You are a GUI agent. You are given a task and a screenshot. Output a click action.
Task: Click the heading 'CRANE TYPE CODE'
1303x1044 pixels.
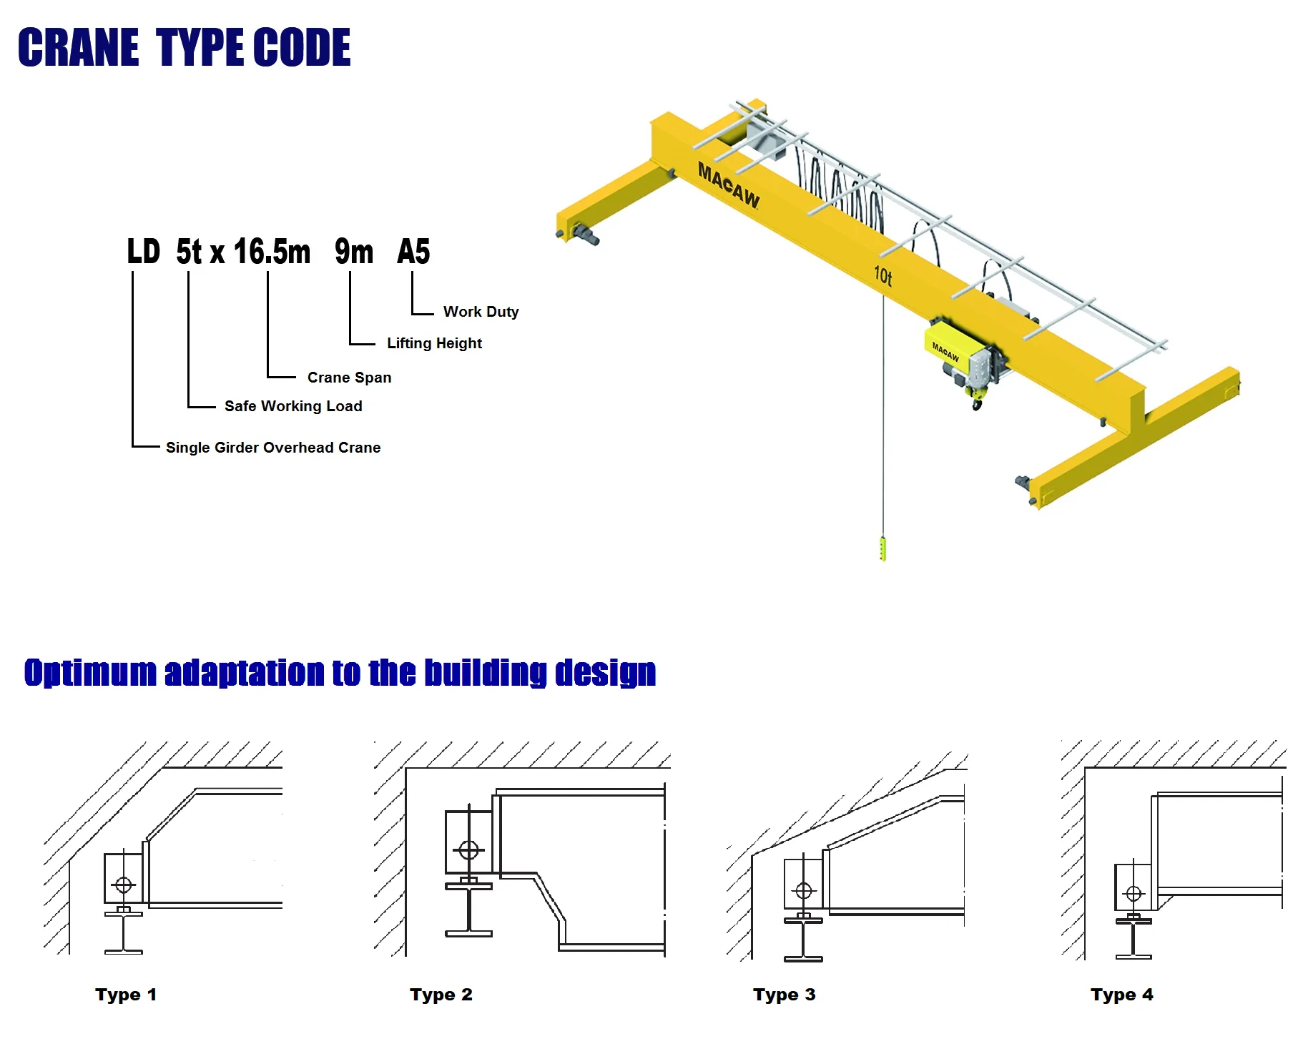point(184,47)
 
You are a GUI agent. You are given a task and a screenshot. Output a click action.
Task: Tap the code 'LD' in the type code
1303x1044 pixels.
point(143,252)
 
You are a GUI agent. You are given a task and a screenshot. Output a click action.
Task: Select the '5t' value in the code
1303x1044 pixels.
point(189,252)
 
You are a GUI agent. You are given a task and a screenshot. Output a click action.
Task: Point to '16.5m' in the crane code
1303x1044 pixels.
point(272,252)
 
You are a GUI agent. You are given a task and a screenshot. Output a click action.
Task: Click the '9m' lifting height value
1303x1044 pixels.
point(354,252)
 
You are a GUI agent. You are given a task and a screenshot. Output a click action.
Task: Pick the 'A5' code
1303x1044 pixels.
point(413,252)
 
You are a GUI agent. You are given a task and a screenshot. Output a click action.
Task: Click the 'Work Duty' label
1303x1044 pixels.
point(481,312)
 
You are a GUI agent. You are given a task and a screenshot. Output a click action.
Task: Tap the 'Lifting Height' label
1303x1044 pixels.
point(434,343)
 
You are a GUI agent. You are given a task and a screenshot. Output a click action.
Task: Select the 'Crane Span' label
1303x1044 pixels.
point(349,378)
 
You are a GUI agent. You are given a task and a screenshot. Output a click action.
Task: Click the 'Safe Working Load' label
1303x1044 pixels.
point(293,406)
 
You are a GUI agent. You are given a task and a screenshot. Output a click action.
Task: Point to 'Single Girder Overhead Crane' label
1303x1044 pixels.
point(273,448)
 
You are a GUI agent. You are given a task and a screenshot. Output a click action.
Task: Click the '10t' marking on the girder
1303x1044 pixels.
point(882,275)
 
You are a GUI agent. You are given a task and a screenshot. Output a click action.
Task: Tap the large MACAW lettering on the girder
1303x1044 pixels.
point(728,184)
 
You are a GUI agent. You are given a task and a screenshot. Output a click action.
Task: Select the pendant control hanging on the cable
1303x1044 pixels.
point(882,548)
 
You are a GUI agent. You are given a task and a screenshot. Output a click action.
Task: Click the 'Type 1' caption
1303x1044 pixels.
point(126,995)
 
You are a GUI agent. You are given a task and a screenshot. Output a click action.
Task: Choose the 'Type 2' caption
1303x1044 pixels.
point(441,995)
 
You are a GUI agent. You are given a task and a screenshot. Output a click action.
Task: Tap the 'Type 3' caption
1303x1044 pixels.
point(784,995)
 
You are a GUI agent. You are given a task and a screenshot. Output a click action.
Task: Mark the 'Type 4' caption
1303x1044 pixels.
point(1121,995)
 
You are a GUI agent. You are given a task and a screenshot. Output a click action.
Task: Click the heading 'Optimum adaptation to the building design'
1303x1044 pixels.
point(340,673)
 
